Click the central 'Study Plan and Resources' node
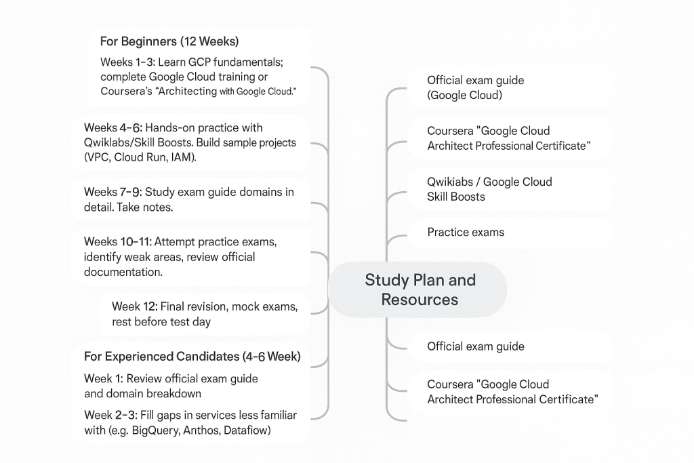[x=420, y=289]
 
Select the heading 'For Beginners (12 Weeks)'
[x=169, y=42]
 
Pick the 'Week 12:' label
[x=134, y=306]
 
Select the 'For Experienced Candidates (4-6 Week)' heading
[x=192, y=356]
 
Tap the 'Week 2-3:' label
[x=110, y=415]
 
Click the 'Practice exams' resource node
[x=466, y=232]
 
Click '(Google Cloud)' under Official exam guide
[x=464, y=95]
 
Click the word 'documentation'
[x=123, y=272]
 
